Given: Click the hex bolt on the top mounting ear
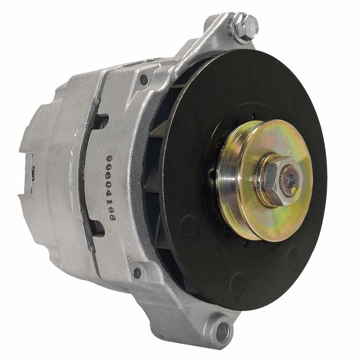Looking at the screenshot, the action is [x=243, y=28].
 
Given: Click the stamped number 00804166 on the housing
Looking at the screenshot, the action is [x=111, y=188].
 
